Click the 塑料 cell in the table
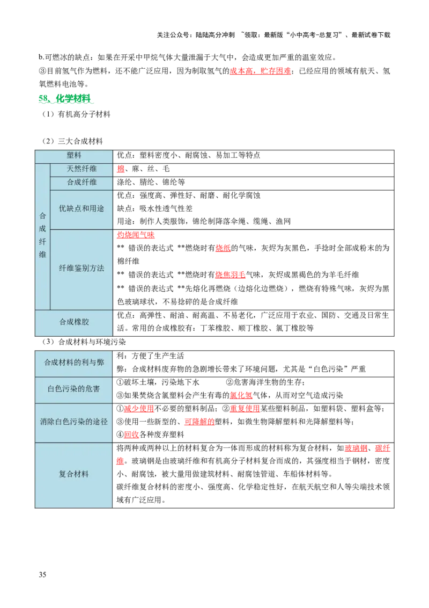[74, 155]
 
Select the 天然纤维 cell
[82, 169]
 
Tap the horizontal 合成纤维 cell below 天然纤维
[82, 183]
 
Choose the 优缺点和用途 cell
[82, 208]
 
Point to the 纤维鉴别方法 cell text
[82, 268]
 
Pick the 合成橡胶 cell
[74, 322]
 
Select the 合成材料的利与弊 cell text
[74, 363]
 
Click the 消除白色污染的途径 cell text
[74, 422]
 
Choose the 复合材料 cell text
[74, 474]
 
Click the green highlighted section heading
[66, 99]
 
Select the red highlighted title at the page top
[260, 71]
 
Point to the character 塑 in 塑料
[70, 155]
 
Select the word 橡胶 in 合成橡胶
[82, 322]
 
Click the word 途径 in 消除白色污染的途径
[100, 422]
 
